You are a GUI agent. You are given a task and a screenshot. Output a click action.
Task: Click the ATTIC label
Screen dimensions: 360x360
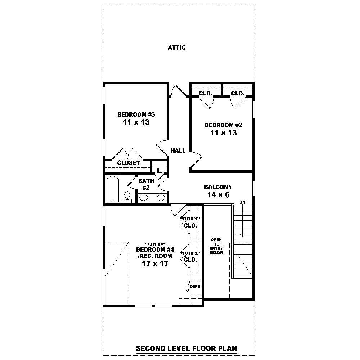click(177, 48)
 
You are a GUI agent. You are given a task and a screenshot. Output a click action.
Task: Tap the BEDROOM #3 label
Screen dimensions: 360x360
click(136, 114)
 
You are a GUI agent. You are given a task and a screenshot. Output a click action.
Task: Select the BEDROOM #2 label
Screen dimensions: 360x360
click(223, 125)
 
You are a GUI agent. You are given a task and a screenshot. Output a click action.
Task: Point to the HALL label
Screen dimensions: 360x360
click(178, 150)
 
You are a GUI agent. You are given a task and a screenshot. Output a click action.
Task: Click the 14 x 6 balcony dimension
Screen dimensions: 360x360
click(218, 195)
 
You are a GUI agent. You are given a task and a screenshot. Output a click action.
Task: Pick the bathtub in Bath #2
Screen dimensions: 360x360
click(113, 190)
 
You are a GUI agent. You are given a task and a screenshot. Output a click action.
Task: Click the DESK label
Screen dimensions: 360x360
click(195, 287)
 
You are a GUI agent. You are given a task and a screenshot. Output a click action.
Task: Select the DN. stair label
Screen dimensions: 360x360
click(243, 203)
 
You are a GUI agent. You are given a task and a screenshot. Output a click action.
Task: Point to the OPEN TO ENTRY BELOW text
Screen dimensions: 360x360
click(217, 246)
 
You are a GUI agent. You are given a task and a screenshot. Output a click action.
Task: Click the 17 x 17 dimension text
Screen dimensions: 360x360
click(155, 264)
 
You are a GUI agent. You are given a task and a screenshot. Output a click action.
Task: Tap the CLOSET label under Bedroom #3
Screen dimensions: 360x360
click(129, 163)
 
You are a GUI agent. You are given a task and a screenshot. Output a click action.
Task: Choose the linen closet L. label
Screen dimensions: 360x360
click(159, 171)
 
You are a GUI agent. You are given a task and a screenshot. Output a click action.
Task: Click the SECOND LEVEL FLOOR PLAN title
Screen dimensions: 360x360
click(186, 348)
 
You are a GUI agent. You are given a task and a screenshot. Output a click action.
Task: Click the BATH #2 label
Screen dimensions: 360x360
click(146, 184)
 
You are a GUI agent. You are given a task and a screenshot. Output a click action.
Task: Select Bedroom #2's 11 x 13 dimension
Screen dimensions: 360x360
click(223, 133)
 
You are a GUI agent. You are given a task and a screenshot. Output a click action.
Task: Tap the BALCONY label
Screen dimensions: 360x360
click(218, 187)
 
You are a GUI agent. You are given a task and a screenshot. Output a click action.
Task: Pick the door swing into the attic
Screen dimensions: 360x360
click(178, 91)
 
